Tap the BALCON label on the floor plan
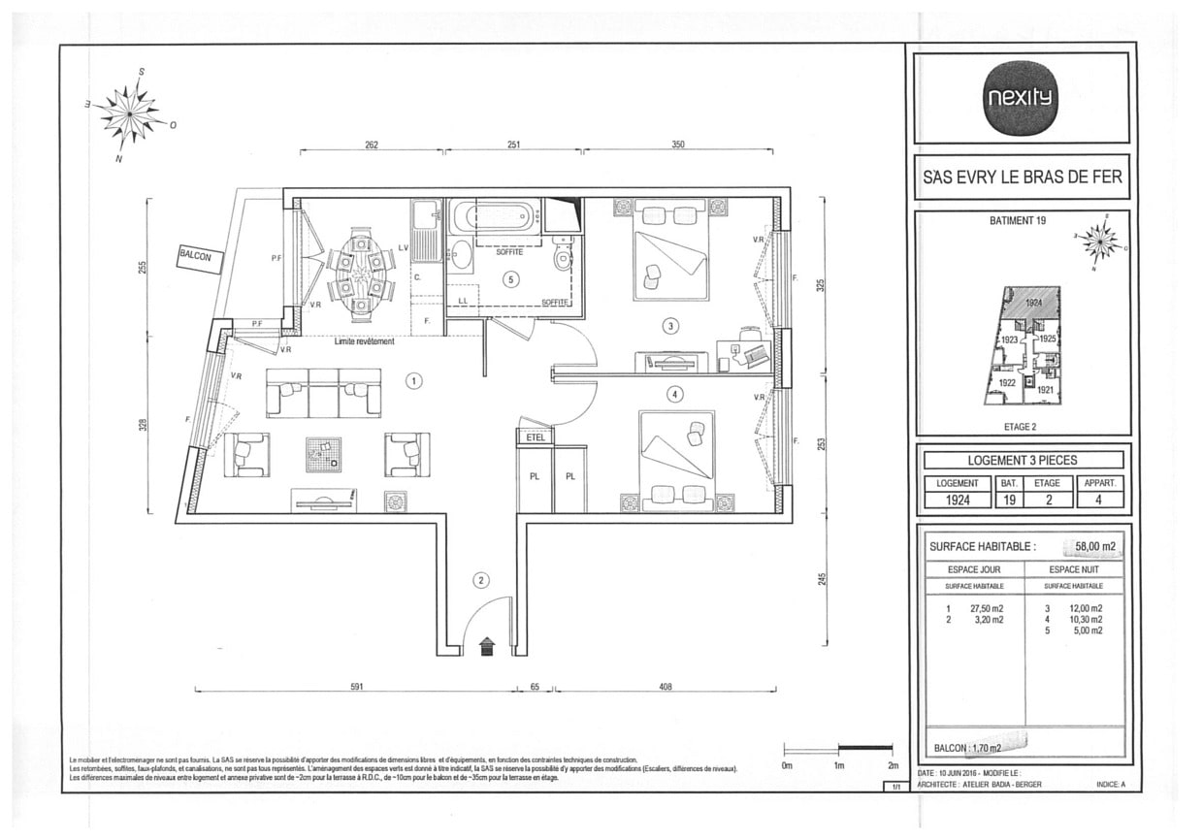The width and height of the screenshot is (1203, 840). pos(201,257)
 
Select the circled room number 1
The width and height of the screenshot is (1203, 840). pos(414,381)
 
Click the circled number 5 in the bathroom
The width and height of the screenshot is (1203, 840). pos(511,279)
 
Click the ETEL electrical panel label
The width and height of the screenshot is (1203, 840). pos(535,437)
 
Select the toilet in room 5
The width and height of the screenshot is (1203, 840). pos(560,256)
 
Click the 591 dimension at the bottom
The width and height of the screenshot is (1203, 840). pos(356,687)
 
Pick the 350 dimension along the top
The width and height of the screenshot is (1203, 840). pos(678,145)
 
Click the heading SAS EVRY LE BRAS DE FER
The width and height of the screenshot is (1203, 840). pos(1022,178)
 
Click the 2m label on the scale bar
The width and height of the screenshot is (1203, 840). pos(893,765)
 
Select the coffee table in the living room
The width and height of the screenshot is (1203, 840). pos(323,454)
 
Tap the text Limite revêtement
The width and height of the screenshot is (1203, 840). pos(364,341)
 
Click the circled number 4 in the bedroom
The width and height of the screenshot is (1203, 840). pos(675,394)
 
